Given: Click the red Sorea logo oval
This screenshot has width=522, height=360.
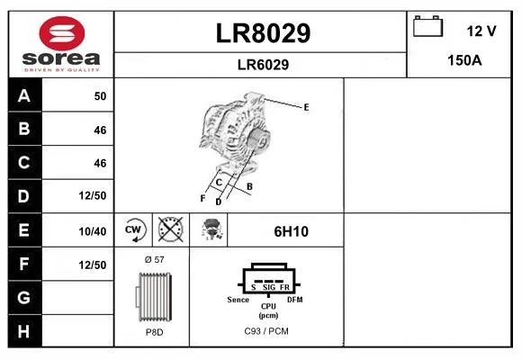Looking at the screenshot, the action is click(62, 33).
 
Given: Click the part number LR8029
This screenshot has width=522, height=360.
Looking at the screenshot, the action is click(263, 33).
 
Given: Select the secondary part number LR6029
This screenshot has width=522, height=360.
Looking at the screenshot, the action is click(263, 65).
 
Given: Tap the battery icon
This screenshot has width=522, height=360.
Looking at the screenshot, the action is click(427, 26).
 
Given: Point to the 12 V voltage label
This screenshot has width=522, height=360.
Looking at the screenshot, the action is click(481, 31).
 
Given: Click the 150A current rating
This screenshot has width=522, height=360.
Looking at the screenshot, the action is click(464, 60).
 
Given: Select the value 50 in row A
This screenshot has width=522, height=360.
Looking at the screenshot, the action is click(100, 96).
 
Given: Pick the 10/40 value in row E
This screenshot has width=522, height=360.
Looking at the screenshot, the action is click(93, 231).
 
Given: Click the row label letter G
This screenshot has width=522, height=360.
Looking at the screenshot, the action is click(23, 297).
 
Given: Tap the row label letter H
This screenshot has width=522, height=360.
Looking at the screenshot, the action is click(23, 331).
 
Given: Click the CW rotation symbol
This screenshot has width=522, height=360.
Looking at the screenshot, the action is click(134, 229).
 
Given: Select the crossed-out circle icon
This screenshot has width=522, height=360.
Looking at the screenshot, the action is click(170, 229).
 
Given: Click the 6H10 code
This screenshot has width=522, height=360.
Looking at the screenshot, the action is click(291, 231).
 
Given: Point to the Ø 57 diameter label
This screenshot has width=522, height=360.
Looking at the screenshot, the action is click(155, 259).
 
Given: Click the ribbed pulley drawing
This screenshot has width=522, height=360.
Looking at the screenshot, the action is click(154, 297).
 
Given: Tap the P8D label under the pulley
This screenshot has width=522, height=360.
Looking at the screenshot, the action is click(154, 332).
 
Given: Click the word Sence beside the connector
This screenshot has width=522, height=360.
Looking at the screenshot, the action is click(238, 300).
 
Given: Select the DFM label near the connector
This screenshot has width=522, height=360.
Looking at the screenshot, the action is click(295, 300).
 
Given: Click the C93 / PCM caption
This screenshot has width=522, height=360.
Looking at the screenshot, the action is click(266, 331).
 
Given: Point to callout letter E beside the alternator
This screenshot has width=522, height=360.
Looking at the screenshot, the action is click(306, 107).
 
